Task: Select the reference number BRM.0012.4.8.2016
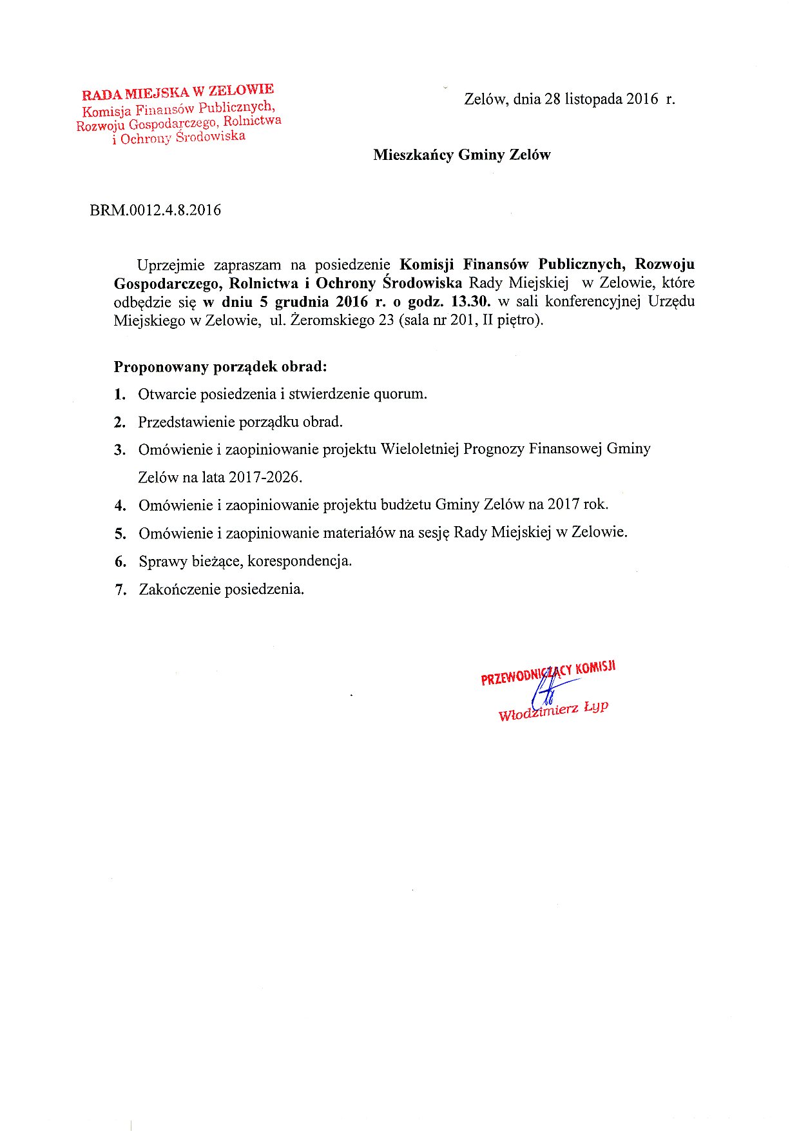click(155, 210)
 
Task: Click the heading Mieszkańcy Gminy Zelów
click(461, 155)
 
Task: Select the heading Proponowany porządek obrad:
click(220, 367)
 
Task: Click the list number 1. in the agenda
click(120, 394)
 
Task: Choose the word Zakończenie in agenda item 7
click(179, 589)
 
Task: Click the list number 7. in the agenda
click(120, 589)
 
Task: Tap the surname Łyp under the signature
click(595, 707)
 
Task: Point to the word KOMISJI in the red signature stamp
click(596, 667)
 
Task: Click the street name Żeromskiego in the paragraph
click(334, 320)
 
